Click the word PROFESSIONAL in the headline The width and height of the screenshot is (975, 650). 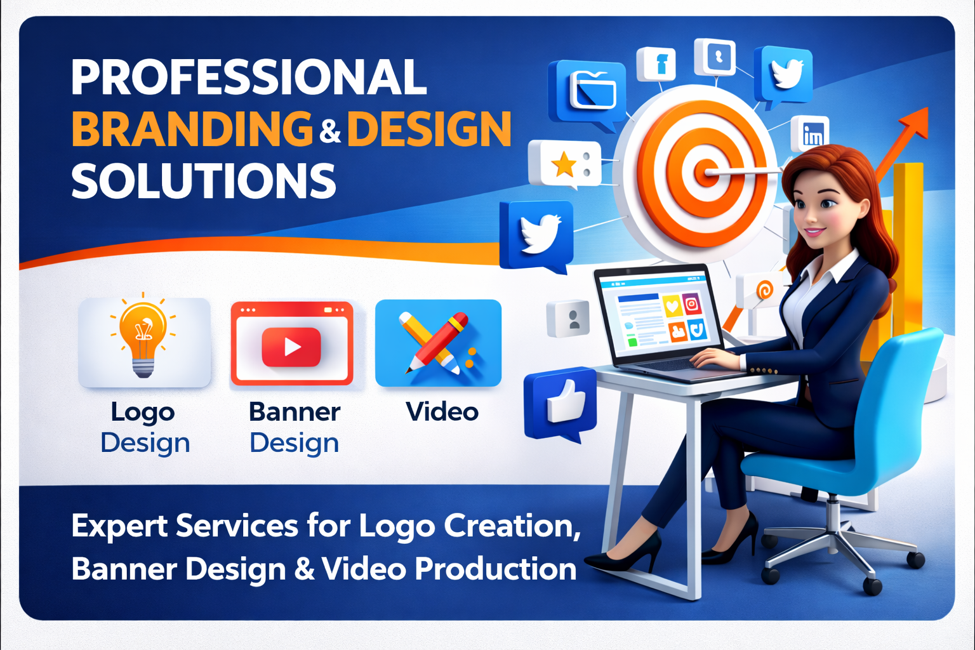point(248,77)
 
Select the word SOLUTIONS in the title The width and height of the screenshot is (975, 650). point(203,181)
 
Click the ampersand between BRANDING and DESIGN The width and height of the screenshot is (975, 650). point(330,131)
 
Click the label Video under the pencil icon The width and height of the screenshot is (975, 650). point(442,412)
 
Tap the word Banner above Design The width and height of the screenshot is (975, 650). point(295,412)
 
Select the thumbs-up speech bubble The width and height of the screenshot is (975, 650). point(561,404)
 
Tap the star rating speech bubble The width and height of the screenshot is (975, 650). point(564,164)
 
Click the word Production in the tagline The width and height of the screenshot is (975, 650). point(495,569)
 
